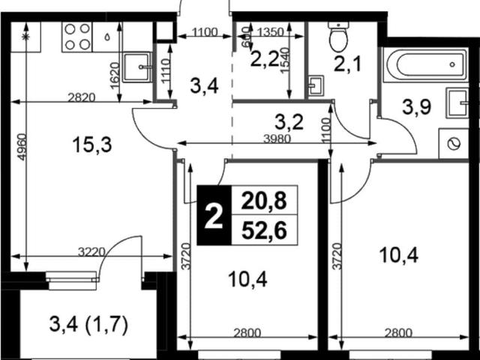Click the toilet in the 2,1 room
tap(338, 37)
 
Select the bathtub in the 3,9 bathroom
tap(426, 65)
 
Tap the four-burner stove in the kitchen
tap(76, 37)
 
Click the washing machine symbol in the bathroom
tap(454, 143)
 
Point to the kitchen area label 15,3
tap(92, 145)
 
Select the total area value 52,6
tap(264, 230)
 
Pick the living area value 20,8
tap(264, 201)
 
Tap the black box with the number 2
tap(214, 215)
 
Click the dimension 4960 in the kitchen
tap(22, 147)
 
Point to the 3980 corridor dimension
tap(277, 139)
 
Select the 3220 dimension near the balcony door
tap(91, 252)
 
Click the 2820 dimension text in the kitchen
tap(82, 97)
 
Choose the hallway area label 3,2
tap(289, 121)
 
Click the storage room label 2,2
tap(265, 59)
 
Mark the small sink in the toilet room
tap(316, 85)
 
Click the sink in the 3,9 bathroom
tap(457, 103)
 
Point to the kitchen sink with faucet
tap(137, 67)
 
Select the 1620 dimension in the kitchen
tap(115, 76)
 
